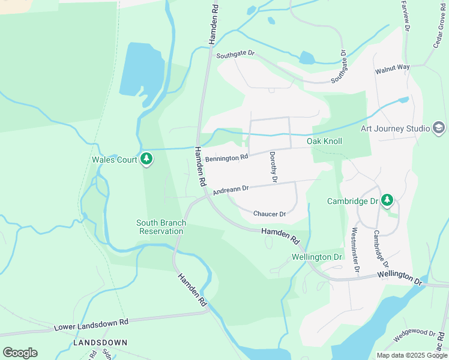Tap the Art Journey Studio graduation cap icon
point(439,128)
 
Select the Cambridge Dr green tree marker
point(388,200)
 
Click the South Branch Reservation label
point(161,227)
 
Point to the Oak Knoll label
point(324,141)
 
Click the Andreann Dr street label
point(231,190)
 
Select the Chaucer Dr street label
point(269,214)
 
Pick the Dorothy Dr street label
point(273,167)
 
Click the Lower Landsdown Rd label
point(91,325)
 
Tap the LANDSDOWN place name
point(100,342)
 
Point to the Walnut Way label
point(393,69)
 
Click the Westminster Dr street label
point(355,250)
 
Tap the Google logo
point(20,353)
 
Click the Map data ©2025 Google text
point(412,355)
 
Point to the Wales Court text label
point(115,160)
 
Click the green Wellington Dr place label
point(316,257)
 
